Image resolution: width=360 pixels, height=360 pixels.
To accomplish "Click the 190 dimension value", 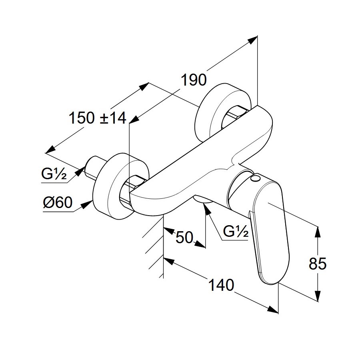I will [x=194, y=80].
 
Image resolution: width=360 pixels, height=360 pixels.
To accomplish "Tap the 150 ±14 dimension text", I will [x=97, y=118].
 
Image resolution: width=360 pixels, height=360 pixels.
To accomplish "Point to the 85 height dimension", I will [x=318, y=264].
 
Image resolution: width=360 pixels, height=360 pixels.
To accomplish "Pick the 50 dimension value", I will [x=184, y=238].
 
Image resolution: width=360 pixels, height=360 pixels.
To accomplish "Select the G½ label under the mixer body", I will [x=236, y=232].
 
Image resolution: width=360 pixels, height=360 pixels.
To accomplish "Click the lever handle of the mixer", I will [x=266, y=232].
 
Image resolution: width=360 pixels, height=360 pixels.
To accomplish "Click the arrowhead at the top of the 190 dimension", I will [x=254, y=38].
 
